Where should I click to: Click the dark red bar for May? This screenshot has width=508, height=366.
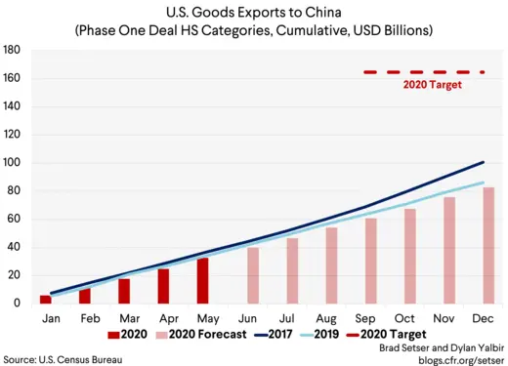[202, 281]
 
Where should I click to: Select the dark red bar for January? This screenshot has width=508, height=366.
[45, 299]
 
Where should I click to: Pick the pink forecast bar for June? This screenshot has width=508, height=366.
[253, 275]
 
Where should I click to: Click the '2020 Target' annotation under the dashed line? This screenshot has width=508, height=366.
[432, 85]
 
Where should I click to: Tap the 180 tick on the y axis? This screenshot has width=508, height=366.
[13, 50]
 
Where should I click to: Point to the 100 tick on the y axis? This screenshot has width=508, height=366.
[13, 163]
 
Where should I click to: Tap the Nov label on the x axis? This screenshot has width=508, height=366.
[448, 318]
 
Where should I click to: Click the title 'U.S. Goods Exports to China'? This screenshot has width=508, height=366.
[253, 14]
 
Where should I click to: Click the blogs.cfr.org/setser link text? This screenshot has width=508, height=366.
[456, 359]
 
